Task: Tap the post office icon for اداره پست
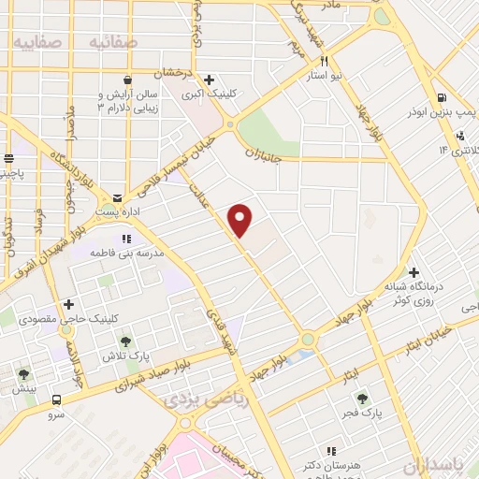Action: pos(117,198)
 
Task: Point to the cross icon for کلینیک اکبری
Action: pos(209,80)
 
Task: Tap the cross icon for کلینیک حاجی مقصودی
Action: pos(68,305)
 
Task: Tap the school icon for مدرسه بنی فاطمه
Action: pos(126,239)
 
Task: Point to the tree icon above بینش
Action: pos(23,374)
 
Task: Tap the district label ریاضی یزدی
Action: pos(197,400)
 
